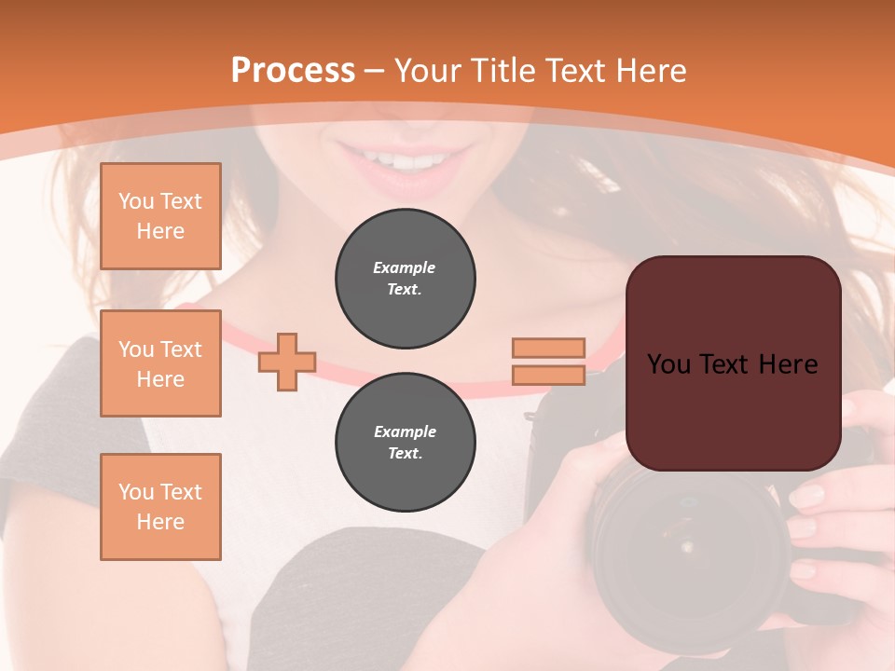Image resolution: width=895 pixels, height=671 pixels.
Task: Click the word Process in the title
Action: (x=293, y=70)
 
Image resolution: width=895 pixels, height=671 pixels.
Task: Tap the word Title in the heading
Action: (x=501, y=70)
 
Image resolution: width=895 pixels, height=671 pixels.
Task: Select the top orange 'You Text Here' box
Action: (x=160, y=216)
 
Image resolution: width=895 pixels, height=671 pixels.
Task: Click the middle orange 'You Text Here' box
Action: (x=160, y=363)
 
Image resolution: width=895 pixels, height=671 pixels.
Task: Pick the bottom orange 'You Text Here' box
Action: (x=160, y=506)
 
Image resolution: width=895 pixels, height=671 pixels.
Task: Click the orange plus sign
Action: (x=287, y=363)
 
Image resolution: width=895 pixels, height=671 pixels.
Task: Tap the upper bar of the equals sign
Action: (x=549, y=348)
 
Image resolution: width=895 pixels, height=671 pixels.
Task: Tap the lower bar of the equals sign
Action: (x=549, y=375)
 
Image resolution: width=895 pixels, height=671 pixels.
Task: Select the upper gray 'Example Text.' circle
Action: (x=405, y=279)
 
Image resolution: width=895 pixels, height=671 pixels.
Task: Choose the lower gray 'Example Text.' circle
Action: (x=405, y=443)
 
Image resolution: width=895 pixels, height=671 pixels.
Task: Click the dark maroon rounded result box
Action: (x=733, y=410)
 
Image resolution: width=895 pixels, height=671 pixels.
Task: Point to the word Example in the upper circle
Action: (x=405, y=267)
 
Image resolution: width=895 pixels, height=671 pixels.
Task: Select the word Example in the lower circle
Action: (x=405, y=431)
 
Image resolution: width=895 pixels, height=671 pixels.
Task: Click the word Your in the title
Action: (x=428, y=70)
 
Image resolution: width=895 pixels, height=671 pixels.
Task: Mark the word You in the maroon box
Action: (x=668, y=364)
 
